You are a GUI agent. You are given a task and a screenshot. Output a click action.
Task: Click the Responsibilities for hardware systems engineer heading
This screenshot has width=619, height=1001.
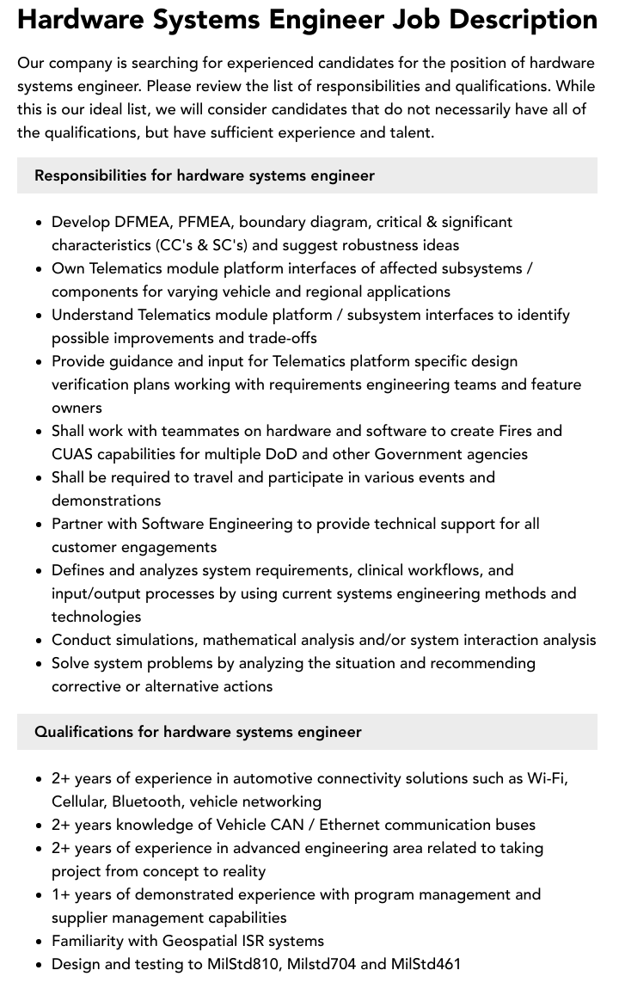[205, 175]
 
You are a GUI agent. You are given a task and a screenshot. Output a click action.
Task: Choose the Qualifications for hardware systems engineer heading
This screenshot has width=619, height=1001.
[198, 732]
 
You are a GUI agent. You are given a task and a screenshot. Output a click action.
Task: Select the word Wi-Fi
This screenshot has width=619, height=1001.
[547, 778]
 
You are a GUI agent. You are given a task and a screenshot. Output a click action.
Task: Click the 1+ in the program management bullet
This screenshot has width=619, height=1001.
[61, 894]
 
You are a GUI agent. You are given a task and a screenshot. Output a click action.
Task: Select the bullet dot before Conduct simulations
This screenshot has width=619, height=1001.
[40, 641]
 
